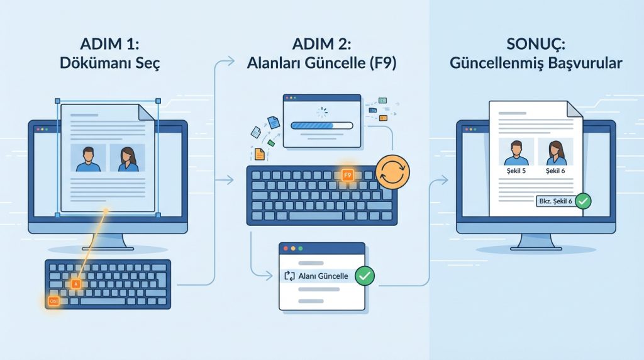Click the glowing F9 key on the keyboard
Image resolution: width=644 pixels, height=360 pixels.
tap(347, 176)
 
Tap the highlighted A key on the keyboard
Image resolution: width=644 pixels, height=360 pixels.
tap(75, 284)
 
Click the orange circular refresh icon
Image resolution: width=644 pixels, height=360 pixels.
tap(392, 172)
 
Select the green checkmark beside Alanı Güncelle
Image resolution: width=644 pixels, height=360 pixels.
tap(364, 276)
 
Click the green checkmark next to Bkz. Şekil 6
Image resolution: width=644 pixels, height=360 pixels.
tap(583, 201)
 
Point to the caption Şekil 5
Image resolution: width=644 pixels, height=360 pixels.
tap(516, 171)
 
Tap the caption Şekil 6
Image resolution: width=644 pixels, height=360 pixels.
tap(555, 171)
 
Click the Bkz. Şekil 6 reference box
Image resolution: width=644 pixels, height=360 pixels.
tap(556, 201)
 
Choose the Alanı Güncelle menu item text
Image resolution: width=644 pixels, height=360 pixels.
tap(323, 276)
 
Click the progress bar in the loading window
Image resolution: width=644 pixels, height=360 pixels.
tap(322, 125)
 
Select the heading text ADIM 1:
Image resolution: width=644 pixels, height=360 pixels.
tap(109, 44)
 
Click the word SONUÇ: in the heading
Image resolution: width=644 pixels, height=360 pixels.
tap(536, 44)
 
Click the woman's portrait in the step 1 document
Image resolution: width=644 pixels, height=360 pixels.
tap(128, 158)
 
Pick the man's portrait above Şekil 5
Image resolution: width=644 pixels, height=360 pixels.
tap(516, 152)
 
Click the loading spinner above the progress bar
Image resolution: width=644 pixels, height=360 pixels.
tap(322, 112)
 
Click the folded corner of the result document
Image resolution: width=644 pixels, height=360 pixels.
tap(575, 109)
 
